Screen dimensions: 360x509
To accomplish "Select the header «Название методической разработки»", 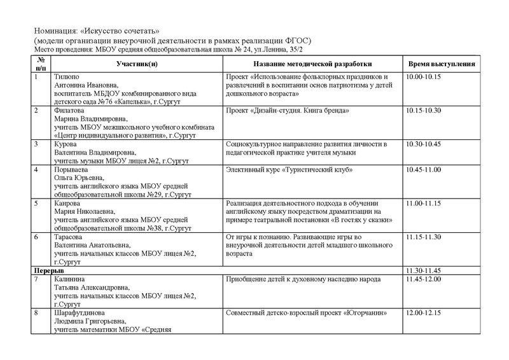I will tap(313, 64).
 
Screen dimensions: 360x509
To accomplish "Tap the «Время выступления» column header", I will tap(438, 64).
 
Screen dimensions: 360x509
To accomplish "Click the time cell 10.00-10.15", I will tap(423, 76).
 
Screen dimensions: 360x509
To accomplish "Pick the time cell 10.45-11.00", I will tap(423, 171).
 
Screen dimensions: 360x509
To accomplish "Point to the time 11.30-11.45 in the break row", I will tap(423, 270).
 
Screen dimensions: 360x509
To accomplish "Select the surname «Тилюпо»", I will tap(66, 76).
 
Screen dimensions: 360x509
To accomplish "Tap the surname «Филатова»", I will tap(69, 110).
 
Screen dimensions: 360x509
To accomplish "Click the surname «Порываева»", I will tap(72, 171).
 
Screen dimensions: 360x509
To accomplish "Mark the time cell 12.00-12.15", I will tap(423, 313).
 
